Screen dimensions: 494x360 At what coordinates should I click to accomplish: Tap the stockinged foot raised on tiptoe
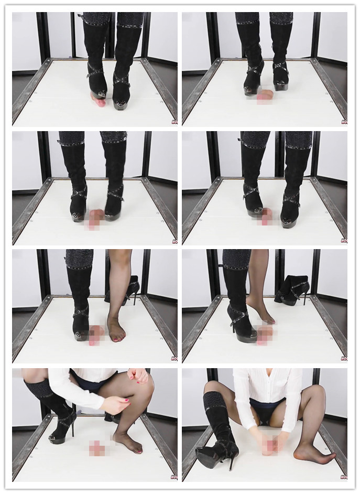(263, 315)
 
